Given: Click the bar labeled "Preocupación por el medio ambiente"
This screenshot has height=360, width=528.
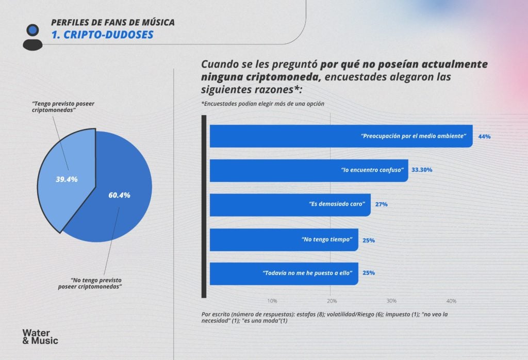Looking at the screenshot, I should tap(340, 136).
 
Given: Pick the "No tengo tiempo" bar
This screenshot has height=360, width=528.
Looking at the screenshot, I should tap(284, 240).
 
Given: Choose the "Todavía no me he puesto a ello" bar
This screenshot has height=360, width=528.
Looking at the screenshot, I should tap(284, 273).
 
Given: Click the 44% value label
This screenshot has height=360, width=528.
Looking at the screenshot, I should tap(484, 137).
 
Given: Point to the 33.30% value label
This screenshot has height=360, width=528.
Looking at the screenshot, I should tap(422, 170).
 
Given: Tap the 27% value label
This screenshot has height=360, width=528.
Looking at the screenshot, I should tap(382, 205).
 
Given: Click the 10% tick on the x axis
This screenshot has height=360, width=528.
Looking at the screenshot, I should tap(272, 301).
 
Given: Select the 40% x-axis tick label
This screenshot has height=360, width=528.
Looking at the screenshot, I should tap(451, 301).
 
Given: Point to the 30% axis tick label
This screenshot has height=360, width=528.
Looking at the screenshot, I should tap(391, 301).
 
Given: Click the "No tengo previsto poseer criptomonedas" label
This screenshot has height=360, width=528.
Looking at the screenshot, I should tap(89, 283).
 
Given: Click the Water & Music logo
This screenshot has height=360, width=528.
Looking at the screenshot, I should tap(40, 336).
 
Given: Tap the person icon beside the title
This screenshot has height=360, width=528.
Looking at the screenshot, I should tap(32, 37).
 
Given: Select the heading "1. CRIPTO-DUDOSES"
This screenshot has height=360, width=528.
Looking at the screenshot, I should tap(102, 35).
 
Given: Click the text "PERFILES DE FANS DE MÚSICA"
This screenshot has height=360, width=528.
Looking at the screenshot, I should tap(112, 23).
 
